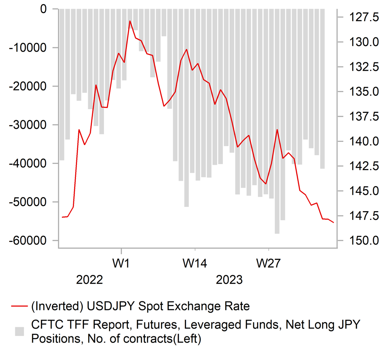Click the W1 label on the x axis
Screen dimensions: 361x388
(121, 262)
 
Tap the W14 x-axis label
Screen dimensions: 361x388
(195, 262)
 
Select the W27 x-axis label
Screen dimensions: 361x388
(269, 262)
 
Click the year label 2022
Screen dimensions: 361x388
(90, 280)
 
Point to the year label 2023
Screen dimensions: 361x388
(229, 280)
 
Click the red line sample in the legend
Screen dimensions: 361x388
(19, 306)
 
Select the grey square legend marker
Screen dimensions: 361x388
(19, 331)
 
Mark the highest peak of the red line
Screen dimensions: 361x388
(130, 21)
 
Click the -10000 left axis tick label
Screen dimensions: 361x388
(28, 48)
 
